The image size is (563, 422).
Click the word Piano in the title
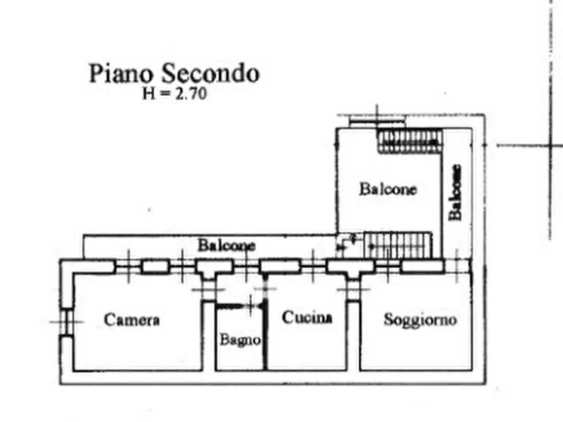pyautogui.click(x=120, y=73)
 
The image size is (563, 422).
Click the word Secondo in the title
pyautogui.click(x=210, y=73)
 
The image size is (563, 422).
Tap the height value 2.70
pyautogui.click(x=191, y=94)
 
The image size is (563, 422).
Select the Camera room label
pyautogui.click(x=132, y=320)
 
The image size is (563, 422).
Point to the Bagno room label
pyautogui.click(x=240, y=340)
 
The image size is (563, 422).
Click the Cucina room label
pyautogui.click(x=307, y=317)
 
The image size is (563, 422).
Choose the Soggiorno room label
pyautogui.click(x=420, y=320)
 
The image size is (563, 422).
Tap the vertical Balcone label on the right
pyautogui.click(x=455, y=192)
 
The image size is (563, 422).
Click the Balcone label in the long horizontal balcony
pyautogui.click(x=226, y=246)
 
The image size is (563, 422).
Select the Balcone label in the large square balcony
pyautogui.click(x=388, y=189)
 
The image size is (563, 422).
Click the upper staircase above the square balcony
pyautogui.click(x=410, y=141)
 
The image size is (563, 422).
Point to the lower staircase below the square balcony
pyautogui.click(x=398, y=245)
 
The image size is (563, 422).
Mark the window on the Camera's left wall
pyautogui.click(x=66, y=321)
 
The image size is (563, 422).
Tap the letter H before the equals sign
pyautogui.click(x=149, y=94)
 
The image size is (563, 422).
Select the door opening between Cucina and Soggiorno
pyautogui.click(x=353, y=290)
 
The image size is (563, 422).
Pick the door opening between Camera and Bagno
pyautogui.click(x=209, y=290)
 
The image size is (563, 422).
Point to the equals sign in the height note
pyautogui.click(x=165, y=94)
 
